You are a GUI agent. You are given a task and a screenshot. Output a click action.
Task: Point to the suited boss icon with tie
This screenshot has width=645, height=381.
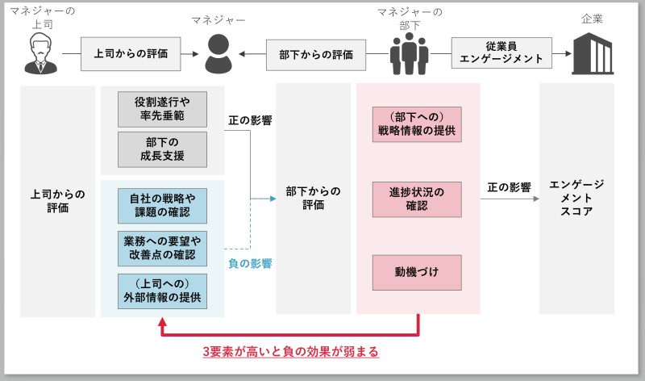(x=40, y=54)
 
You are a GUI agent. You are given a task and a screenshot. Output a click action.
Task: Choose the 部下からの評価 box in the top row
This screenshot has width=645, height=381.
(x=316, y=55)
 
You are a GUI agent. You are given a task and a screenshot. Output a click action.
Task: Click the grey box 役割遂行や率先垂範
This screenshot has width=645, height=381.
(x=162, y=109)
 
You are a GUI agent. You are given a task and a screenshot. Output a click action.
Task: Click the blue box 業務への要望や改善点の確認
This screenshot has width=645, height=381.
(x=162, y=248)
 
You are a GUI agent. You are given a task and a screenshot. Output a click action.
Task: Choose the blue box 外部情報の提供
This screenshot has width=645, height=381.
(x=162, y=291)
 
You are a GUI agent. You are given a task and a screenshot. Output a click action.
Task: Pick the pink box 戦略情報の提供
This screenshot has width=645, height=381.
(x=417, y=124)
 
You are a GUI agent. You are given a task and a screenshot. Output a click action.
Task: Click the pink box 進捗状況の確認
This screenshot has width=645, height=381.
(x=417, y=199)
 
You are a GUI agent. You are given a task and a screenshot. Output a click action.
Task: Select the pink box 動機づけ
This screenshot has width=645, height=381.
(x=417, y=272)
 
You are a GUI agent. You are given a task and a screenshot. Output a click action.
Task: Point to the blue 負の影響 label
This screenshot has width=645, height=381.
(x=249, y=263)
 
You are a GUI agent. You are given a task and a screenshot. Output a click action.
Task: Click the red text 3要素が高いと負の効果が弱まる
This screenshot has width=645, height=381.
(x=290, y=352)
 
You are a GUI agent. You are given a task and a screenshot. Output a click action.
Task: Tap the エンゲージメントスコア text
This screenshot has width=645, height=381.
(x=576, y=198)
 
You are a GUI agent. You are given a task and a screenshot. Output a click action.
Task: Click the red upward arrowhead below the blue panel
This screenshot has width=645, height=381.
(x=163, y=324)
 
